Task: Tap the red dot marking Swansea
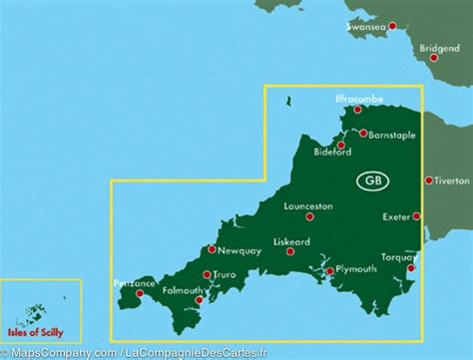[x=392, y=26]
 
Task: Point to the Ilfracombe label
[x=356, y=103]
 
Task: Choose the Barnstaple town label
[x=390, y=133]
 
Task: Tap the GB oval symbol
[x=372, y=180]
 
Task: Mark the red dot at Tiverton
[x=428, y=180]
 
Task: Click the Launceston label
[x=308, y=206]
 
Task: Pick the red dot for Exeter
[x=417, y=215]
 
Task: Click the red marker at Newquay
[x=213, y=249]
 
